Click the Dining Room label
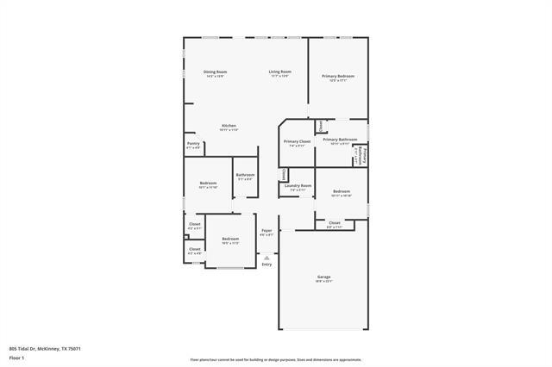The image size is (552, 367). click(x=215, y=72)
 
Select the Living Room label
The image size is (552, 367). click(x=279, y=72)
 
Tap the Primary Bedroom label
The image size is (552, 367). click(x=338, y=77)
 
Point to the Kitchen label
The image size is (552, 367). click(x=229, y=126)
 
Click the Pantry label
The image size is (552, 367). click(x=193, y=144)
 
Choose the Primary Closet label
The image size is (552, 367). click(x=298, y=141)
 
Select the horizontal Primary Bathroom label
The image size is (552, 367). click(x=340, y=139)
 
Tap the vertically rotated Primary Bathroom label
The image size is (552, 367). click(x=364, y=157)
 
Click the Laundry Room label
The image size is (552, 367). click(x=299, y=186)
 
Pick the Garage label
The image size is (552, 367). click(x=323, y=277)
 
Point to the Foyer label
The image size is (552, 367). click(x=267, y=231)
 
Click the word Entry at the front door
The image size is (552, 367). click(x=267, y=264)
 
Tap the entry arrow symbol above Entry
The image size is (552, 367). click(x=267, y=256)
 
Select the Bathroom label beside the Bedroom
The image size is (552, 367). click(x=245, y=175)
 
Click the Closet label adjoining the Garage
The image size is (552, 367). click(x=334, y=222)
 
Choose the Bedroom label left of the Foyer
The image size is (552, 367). click(x=229, y=239)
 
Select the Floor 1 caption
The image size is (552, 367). click(x=16, y=356)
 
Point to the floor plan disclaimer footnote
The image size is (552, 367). click(x=276, y=360)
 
